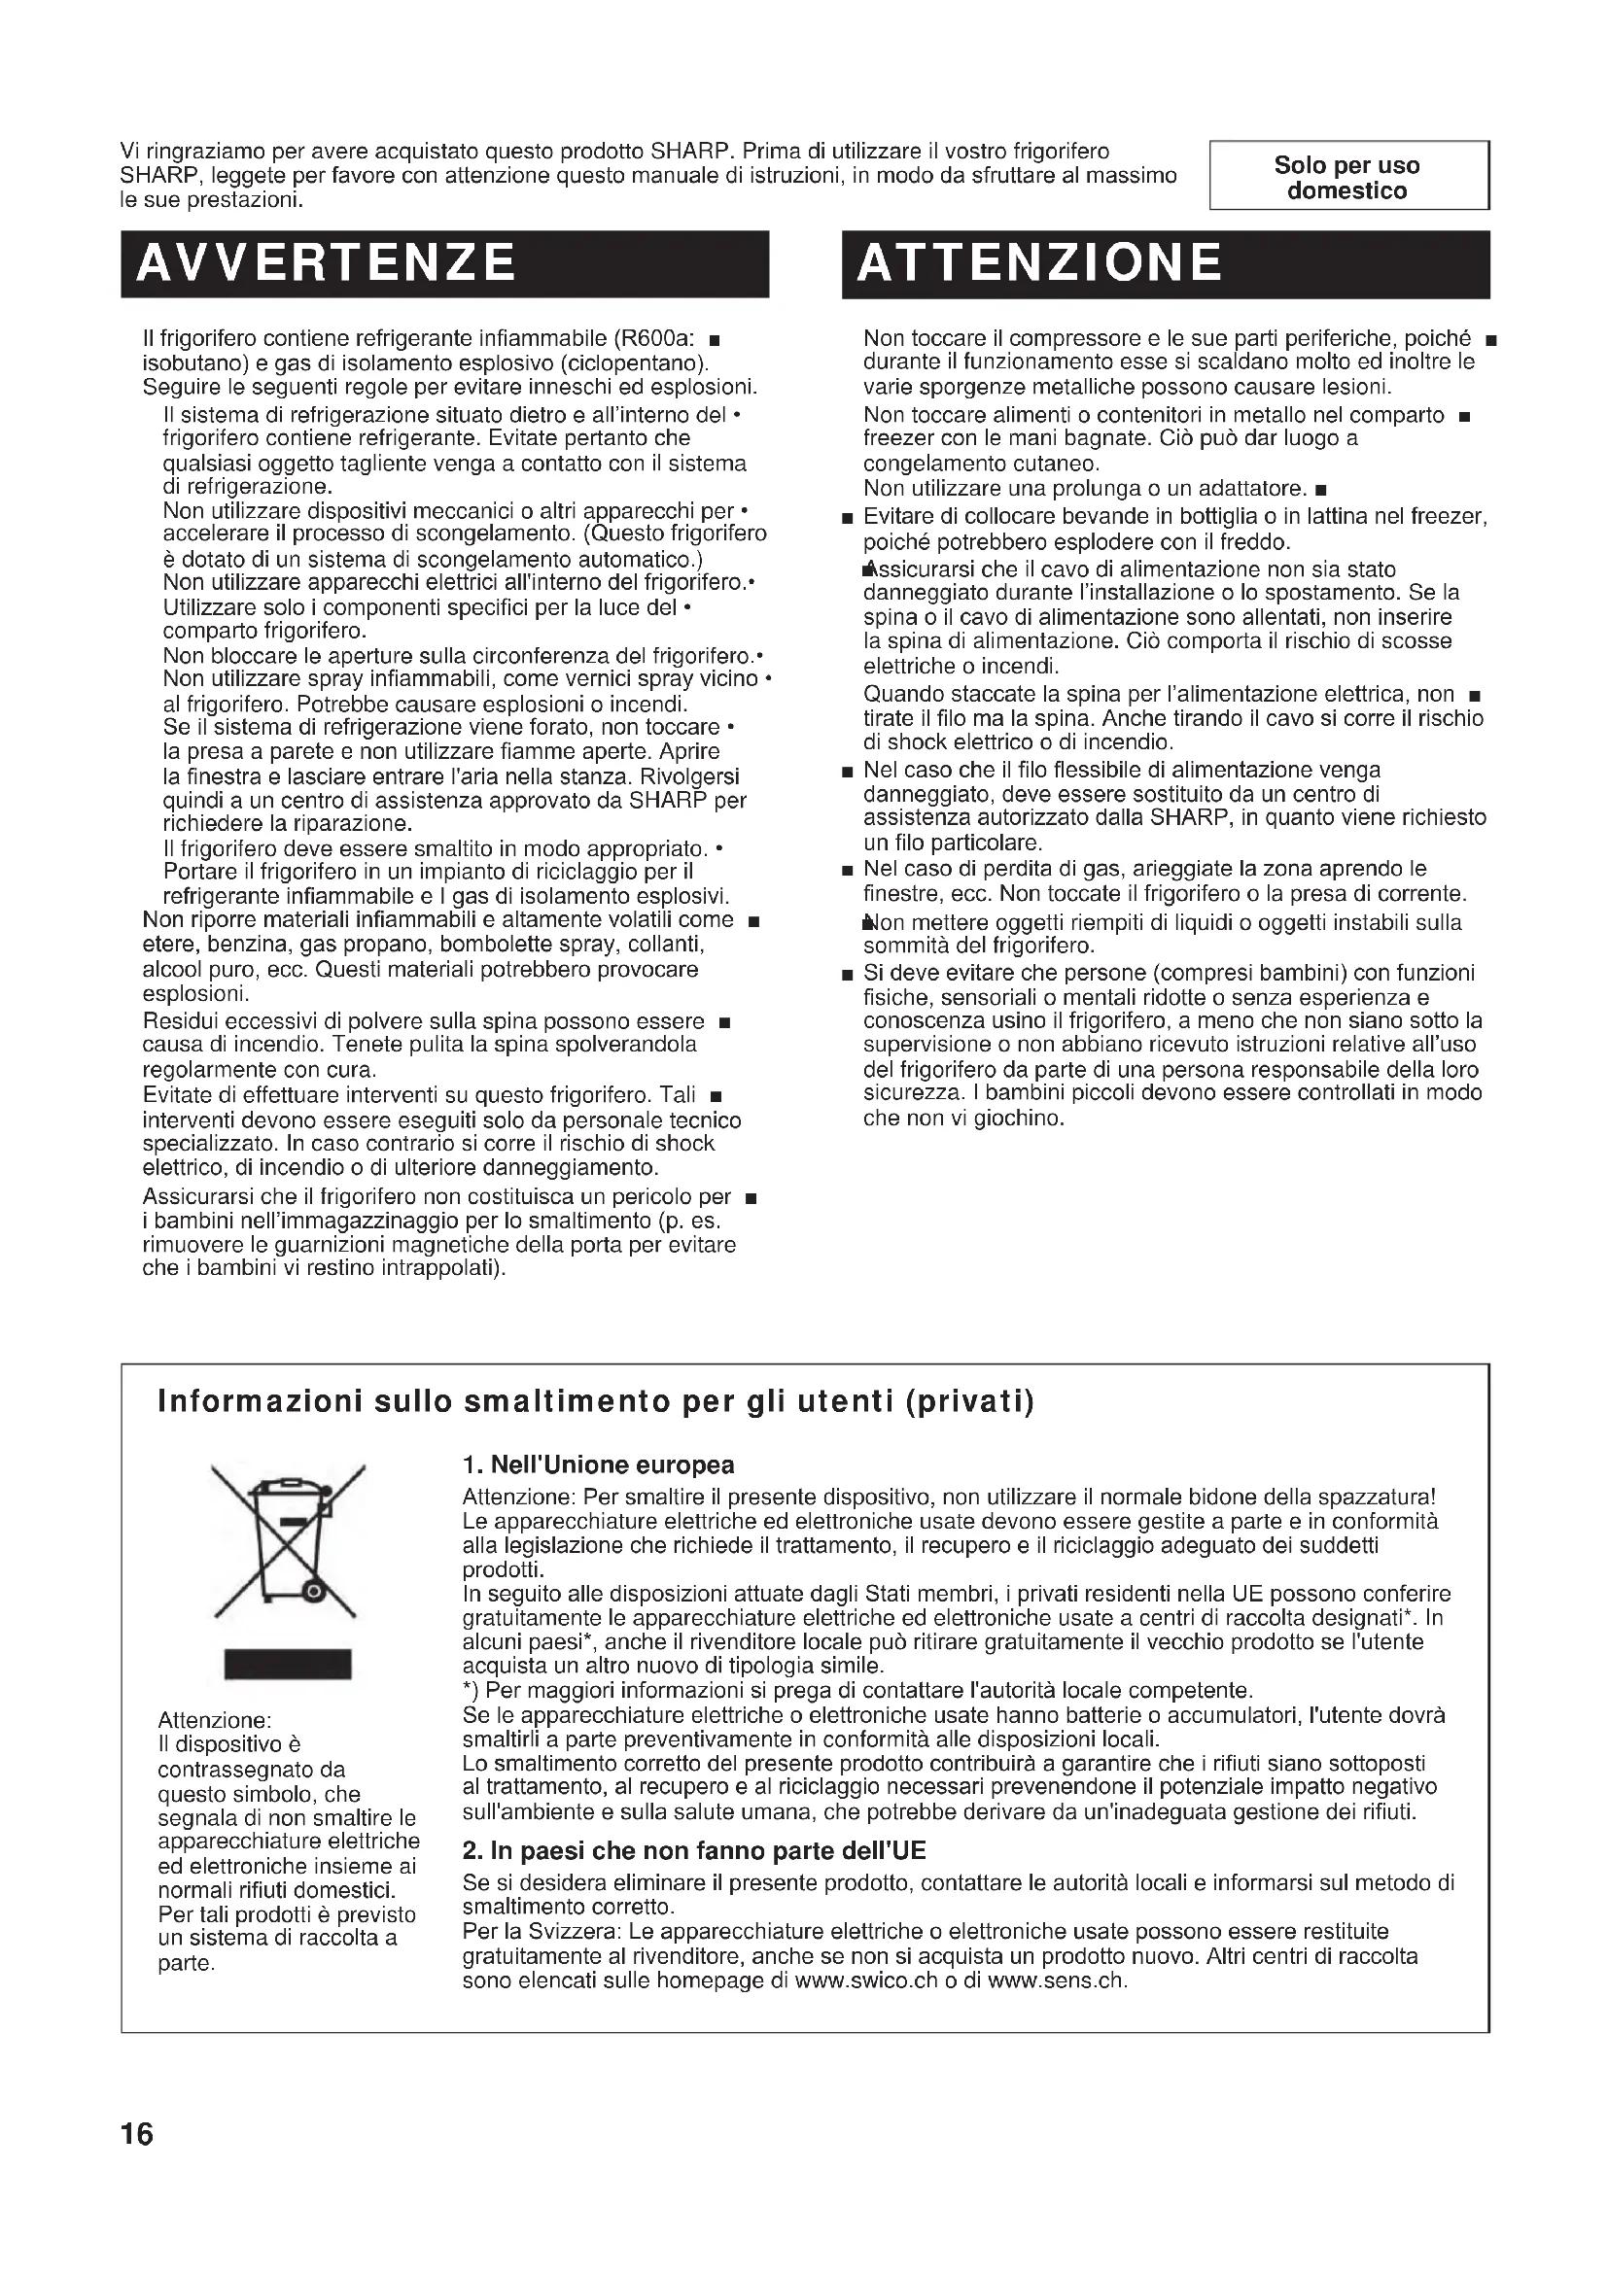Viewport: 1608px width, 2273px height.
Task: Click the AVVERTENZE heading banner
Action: [444, 263]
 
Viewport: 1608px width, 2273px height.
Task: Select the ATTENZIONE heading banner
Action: [1166, 263]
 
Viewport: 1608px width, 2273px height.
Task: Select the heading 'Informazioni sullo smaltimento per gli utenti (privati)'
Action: [596, 1403]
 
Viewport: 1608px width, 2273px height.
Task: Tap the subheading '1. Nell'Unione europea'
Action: [598, 1465]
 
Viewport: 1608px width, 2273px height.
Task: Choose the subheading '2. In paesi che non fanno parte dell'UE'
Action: [693, 1851]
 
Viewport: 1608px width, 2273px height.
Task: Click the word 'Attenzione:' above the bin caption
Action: [215, 1721]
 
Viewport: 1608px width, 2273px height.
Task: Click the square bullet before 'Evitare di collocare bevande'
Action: [847, 518]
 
